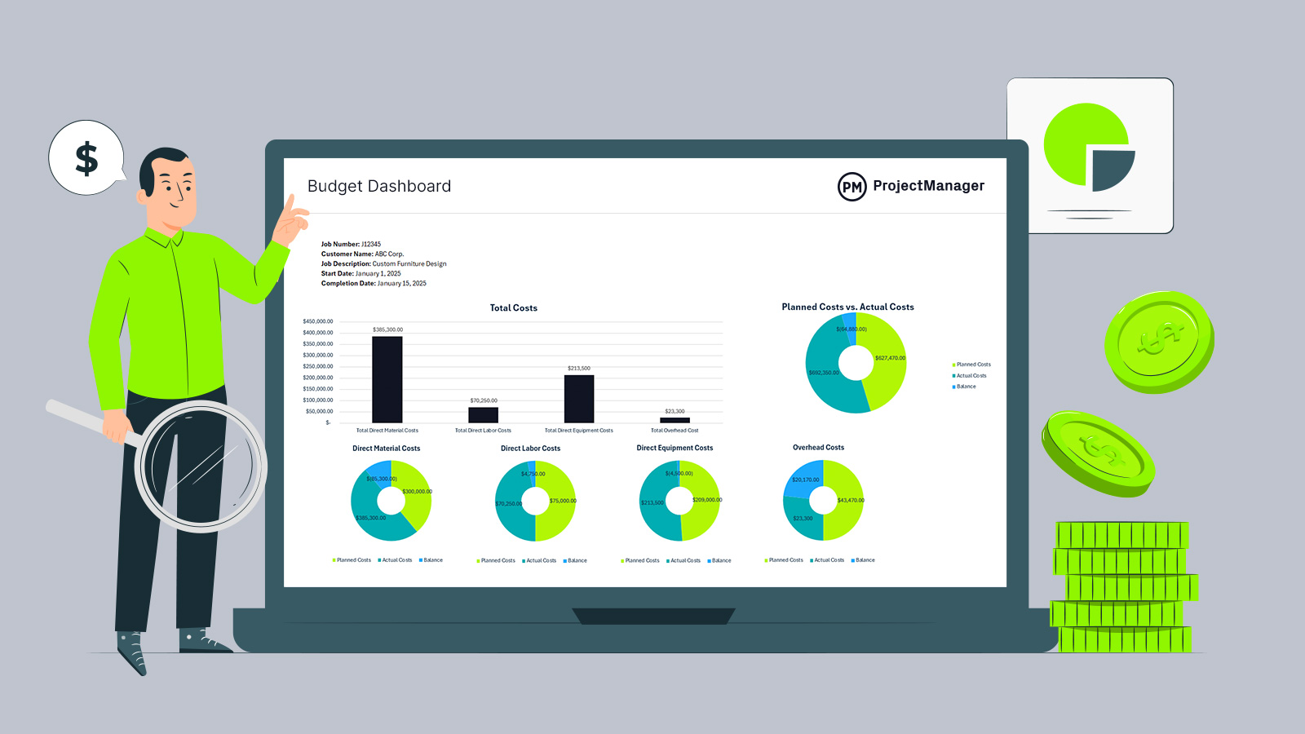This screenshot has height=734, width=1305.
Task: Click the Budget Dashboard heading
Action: tap(378, 187)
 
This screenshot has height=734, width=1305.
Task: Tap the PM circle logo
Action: tap(852, 187)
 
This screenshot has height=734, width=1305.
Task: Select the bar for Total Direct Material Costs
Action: tap(387, 379)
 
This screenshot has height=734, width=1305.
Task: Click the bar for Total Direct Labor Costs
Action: tap(483, 414)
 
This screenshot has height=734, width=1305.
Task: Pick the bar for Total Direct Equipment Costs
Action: tap(579, 399)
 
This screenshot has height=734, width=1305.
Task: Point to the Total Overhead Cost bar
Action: tap(675, 420)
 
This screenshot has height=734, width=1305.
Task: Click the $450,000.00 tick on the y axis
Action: tap(318, 321)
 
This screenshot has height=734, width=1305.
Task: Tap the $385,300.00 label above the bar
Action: tap(387, 329)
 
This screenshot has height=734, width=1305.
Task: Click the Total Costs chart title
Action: tap(513, 308)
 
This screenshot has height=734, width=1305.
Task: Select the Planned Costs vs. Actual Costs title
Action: tap(847, 307)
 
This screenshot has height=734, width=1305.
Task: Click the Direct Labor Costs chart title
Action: tap(530, 449)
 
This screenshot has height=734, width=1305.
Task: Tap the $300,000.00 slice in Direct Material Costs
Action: tap(417, 493)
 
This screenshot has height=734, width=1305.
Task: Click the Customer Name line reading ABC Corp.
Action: tap(362, 254)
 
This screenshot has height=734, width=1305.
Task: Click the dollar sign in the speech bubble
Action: tap(86, 158)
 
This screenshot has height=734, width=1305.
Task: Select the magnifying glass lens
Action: tap(201, 466)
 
